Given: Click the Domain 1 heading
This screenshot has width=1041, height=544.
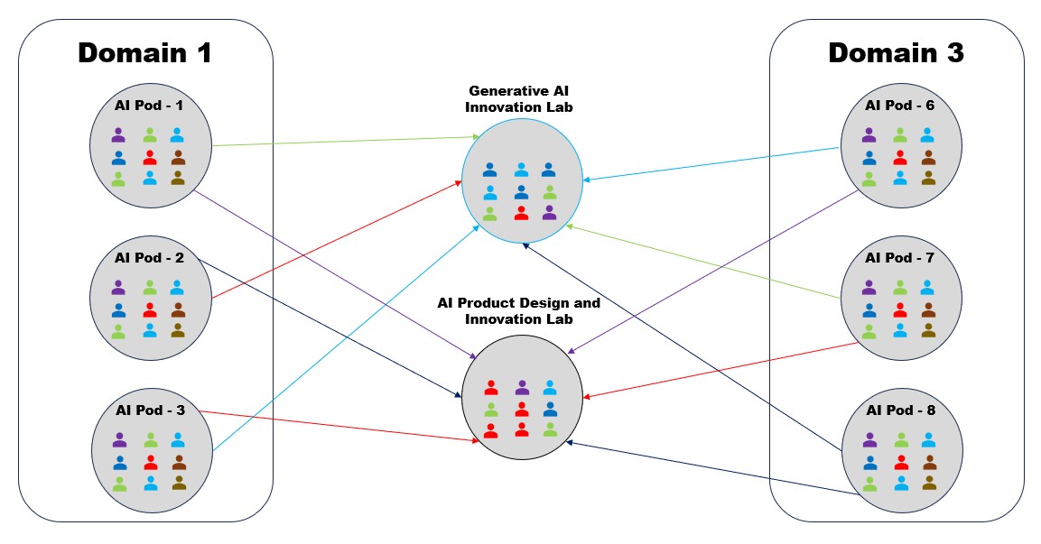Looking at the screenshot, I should pyautogui.click(x=144, y=52).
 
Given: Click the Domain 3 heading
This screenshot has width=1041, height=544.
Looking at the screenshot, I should pyautogui.click(x=896, y=52).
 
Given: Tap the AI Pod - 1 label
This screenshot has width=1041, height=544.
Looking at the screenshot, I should pyautogui.click(x=149, y=105).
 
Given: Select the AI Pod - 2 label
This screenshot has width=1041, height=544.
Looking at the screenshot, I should pyautogui.click(x=150, y=258).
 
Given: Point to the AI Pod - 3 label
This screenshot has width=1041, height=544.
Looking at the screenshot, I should pyautogui.click(x=151, y=410).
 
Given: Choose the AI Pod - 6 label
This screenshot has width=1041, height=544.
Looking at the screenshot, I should pyautogui.click(x=899, y=105).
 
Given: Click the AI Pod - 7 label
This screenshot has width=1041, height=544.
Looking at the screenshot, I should pyautogui.click(x=899, y=258).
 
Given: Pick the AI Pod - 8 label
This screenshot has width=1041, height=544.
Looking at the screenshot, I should pyautogui.click(x=899, y=410).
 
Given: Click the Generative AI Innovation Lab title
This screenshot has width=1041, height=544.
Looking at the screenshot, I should pyautogui.click(x=521, y=98).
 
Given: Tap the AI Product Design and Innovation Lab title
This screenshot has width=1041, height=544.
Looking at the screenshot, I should pyautogui.click(x=519, y=310).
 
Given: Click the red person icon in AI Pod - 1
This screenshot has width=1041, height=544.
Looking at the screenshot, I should pyautogui.click(x=150, y=157).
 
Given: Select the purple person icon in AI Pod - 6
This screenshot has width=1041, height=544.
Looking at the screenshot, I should pyautogui.click(x=869, y=135).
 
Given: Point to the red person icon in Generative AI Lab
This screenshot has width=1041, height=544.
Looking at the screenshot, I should pyautogui.click(x=520, y=213).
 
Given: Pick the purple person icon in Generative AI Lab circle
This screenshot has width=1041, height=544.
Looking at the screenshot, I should pyautogui.click(x=549, y=213).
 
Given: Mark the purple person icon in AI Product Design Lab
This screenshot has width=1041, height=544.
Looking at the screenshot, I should pyautogui.click(x=521, y=387).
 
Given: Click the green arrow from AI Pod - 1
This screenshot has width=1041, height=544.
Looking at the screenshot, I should pyautogui.click(x=343, y=141).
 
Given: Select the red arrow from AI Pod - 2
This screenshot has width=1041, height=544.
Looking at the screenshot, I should pyautogui.click(x=334, y=241).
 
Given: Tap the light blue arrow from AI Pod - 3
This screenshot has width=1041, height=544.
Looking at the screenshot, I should pyautogui.click(x=343, y=337).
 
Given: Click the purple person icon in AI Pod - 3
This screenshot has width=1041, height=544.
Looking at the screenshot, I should pyautogui.click(x=119, y=440).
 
